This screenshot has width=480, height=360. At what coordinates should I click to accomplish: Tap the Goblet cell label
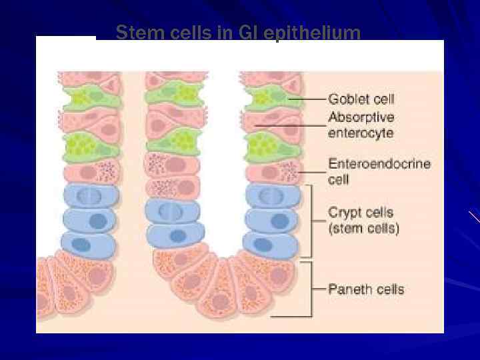[361, 99]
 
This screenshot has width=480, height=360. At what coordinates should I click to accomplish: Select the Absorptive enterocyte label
[361, 125]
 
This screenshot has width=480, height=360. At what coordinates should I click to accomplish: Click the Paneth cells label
[366, 289]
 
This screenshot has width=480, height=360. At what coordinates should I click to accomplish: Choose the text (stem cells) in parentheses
[364, 229]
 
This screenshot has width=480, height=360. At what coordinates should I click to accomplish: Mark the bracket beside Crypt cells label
[310, 221]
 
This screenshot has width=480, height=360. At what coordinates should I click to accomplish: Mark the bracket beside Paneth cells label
[310, 289]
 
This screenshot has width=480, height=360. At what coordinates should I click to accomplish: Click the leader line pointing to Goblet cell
[306, 99]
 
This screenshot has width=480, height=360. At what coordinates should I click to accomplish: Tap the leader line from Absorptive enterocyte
[290, 125]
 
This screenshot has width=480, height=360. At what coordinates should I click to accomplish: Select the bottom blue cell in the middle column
[176, 235]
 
